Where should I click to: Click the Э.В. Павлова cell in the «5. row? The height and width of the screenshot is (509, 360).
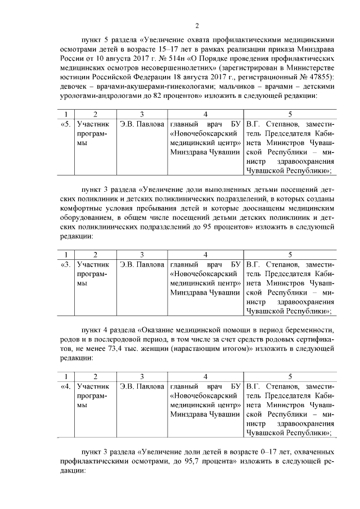pos(142,123)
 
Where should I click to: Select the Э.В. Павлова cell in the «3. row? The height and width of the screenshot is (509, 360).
pos(142,263)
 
